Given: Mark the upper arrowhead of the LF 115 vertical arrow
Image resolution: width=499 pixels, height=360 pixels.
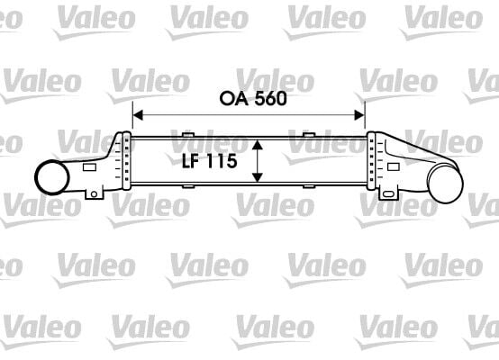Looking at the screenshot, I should pyautogui.click(x=259, y=143).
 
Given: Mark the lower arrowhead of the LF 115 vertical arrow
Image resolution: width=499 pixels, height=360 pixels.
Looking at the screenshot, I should pyautogui.click(x=259, y=178).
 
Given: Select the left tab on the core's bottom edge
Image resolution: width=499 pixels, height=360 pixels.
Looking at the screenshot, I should pyautogui.click(x=188, y=186).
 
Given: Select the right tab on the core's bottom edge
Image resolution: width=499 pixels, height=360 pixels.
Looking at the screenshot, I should pyautogui.click(x=309, y=186).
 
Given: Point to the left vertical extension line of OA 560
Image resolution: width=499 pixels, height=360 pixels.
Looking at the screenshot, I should pyautogui.click(x=133, y=121).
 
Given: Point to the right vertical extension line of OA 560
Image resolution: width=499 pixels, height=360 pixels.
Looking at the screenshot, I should pyautogui.click(x=366, y=121).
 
